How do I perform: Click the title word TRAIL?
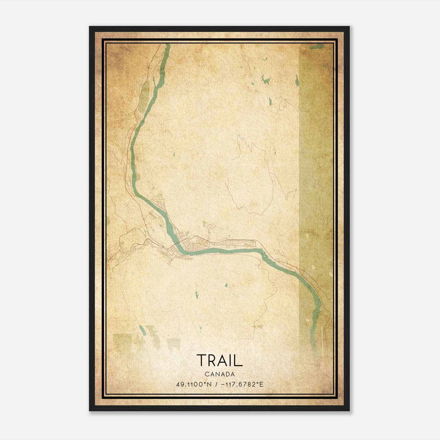(219, 360)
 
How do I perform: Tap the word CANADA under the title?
(220, 374)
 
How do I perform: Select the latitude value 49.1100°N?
(194, 384)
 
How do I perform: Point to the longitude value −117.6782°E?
(242, 384)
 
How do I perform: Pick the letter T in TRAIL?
(202, 360)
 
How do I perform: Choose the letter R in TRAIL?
(212, 360)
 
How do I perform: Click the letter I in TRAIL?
(232, 360)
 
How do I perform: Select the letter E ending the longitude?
(262, 384)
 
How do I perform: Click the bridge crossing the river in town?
(178, 243)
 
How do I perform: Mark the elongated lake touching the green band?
(297, 80)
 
